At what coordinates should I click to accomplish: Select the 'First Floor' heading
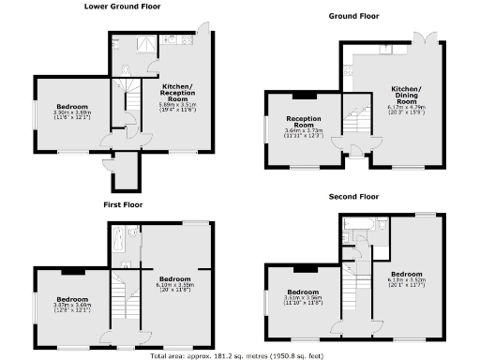click(x=123, y=203)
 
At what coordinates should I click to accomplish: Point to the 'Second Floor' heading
click(x=353, y=197)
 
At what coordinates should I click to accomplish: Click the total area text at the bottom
click(x=239, y=355)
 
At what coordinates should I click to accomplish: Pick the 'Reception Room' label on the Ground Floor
click(x=303, y=123)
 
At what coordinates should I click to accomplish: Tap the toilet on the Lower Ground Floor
click(x=116, y=44)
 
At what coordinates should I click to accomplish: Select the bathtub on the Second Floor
click(x=360, y=225)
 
